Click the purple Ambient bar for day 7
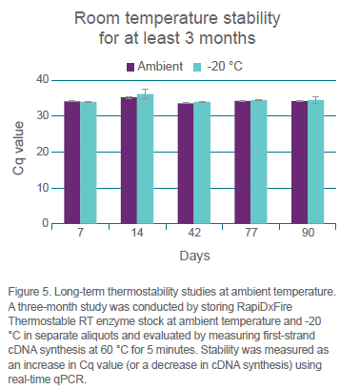coord(72,162)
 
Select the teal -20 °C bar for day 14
coord(145,159)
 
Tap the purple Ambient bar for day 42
coord(186,163)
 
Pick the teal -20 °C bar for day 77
coord(259,162)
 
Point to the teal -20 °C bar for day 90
coord(315,162)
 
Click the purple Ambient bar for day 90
coord(299,162)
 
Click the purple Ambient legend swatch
coord(130,67)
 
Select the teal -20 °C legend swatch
coord(197,67)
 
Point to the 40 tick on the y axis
coord(43,79)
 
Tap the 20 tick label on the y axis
coord(43,152)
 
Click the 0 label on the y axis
coord(46,223)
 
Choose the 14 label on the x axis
coord(137,233)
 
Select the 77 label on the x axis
coord(250,233)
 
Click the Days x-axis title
coord(195,256)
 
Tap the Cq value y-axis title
coord(18,148)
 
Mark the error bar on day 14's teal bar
coord(145,93)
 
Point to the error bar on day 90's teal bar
coord(315,100)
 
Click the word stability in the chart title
coord(251,18)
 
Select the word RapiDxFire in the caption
coord(265,307)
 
